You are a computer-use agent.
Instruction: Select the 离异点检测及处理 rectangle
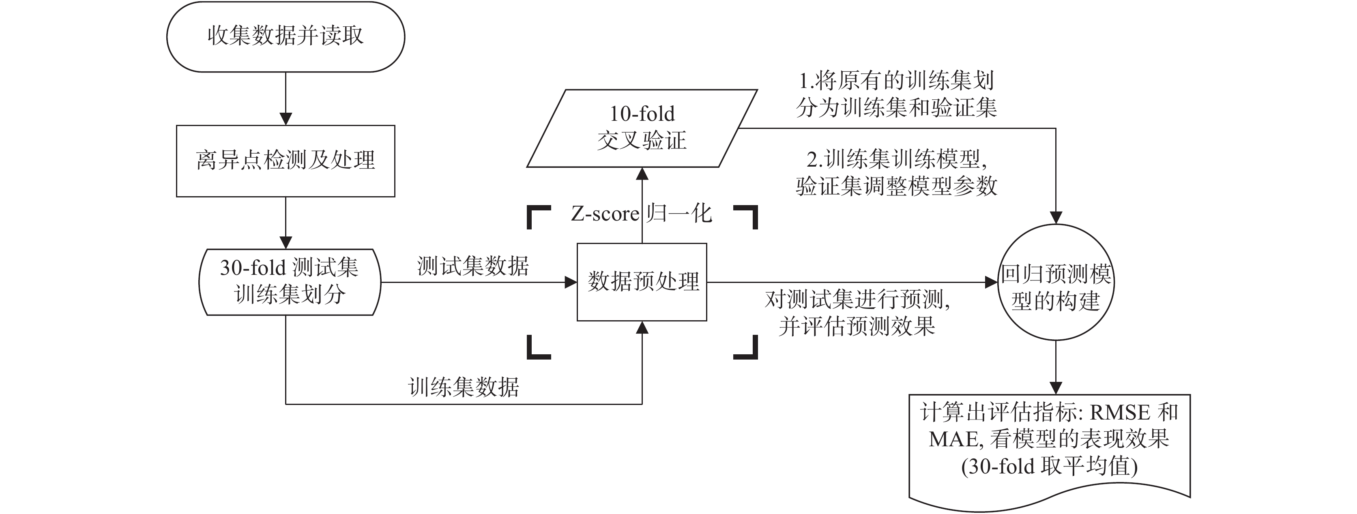[x=286, y=161]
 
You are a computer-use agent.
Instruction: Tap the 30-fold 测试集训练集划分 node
[x=289, y=282]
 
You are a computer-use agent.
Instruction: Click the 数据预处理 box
[x=642, y=282]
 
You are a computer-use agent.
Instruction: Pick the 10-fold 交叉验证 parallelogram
[x=642, y=128]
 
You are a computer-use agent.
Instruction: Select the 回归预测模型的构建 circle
[x=1056, y=282]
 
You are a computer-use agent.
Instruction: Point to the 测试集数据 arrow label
[x=472, y=266]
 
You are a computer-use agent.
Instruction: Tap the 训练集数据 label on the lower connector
[x=464, y=388]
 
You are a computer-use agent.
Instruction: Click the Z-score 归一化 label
[x=642, y=214]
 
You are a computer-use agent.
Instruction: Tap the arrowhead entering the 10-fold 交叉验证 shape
[x=642, y=174]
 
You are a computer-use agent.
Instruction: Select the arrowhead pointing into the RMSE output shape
[x=1056, y=388]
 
